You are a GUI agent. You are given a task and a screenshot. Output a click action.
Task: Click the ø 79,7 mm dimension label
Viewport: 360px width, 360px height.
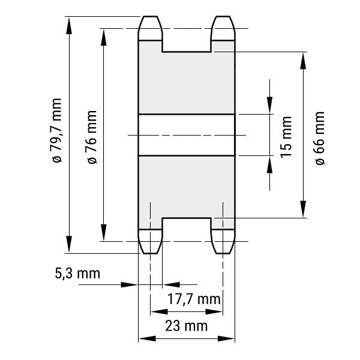pos(57,130)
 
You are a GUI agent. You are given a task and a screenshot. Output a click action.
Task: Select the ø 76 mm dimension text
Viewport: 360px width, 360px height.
pos(92,137)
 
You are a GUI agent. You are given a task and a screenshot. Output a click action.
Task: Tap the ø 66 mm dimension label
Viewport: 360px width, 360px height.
pos(320,138)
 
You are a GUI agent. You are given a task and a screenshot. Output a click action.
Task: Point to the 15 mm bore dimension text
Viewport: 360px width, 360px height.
pos(286,137)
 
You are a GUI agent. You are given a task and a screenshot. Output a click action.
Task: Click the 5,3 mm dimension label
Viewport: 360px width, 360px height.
pos(77,274)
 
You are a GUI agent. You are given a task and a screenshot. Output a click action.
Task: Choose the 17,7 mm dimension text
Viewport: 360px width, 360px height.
pos(194,299)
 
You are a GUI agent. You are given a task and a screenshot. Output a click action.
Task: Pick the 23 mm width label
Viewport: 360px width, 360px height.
pos(186,326)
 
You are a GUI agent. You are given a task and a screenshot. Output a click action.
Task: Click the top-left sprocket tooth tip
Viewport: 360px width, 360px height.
pos(150,16)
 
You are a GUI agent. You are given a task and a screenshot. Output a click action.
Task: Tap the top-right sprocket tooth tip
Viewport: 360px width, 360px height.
pos(223,16)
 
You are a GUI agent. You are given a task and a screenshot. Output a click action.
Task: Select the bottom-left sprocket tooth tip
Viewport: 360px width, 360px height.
pos(150,253)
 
